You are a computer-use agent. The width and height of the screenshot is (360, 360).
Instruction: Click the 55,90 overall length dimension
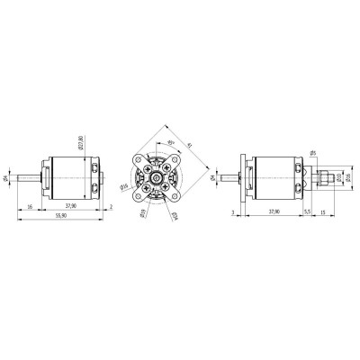point(61,218)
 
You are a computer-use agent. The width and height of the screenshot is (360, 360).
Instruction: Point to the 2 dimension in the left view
point(111,206)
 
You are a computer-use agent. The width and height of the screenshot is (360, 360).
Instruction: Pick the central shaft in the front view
point(159,178)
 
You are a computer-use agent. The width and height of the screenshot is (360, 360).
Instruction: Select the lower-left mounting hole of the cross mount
point(141,196)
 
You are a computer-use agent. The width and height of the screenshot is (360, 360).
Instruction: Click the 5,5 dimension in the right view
point(307,211)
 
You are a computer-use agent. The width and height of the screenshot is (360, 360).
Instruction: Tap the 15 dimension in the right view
point(323,211)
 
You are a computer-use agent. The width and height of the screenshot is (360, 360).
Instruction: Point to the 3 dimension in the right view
point(232,211)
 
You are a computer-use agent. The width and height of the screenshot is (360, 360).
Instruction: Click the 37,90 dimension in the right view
point(273,211)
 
